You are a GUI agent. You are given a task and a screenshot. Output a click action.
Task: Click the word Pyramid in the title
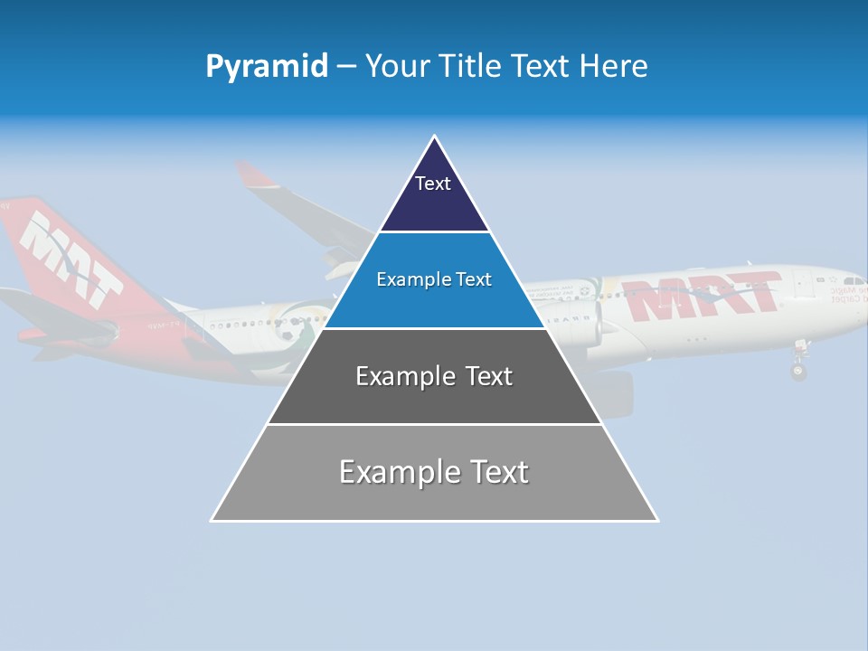267,67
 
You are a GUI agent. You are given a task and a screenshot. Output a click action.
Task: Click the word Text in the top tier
432,184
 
